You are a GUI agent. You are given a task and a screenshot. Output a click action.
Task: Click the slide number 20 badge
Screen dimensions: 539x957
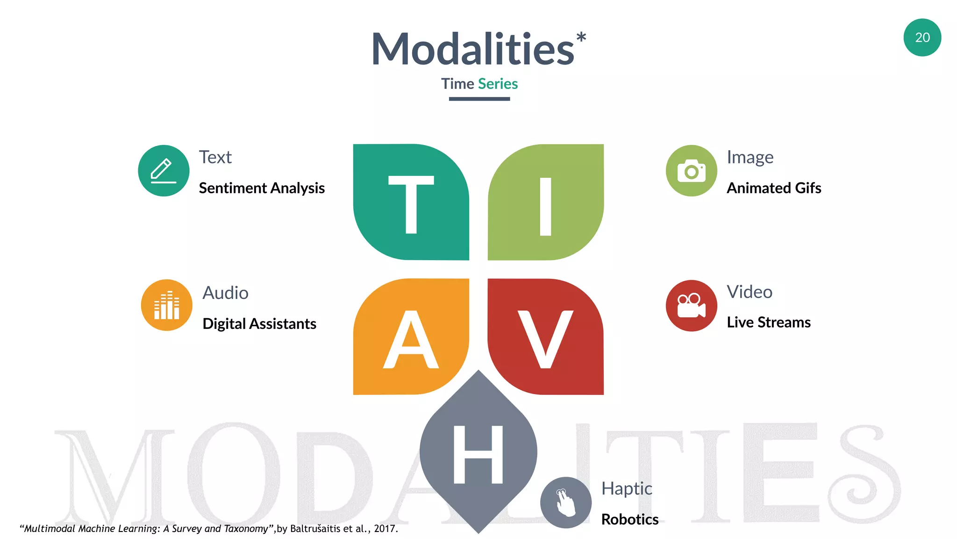pos(922,37)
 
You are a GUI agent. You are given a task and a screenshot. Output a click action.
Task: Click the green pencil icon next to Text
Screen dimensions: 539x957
pos(164,171)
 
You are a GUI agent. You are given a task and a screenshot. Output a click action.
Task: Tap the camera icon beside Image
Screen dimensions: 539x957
pos(691,171)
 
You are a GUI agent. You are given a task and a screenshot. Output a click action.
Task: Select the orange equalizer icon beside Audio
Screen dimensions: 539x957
pos(166,305)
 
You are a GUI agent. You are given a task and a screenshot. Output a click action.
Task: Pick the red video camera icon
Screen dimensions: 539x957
pos(691,306)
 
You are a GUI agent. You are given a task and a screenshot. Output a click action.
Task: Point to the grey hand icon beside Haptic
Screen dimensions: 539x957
pos(565,503)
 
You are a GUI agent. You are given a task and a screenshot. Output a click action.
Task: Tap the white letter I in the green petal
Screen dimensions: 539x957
pos(545,206)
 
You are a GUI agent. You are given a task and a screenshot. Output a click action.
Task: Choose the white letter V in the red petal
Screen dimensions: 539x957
pos(545,339)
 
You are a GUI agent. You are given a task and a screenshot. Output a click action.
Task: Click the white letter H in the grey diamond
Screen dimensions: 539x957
pos(478,454)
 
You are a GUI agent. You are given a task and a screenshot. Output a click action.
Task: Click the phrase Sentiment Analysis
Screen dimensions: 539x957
pos(262,188)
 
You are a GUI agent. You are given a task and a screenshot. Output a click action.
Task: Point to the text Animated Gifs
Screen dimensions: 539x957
pos(774,188)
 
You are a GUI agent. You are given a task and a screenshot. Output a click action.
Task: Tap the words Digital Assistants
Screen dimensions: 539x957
pos(259,324)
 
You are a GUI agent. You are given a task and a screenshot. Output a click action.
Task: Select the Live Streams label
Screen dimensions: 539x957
pos(769,322)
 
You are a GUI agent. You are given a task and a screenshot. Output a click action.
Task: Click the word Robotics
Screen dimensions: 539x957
pos(630,519)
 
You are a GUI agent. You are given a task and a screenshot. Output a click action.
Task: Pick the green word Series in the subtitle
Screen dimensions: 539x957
pos(498,84)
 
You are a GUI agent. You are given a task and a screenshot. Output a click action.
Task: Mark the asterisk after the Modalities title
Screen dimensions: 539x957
pos(581,37)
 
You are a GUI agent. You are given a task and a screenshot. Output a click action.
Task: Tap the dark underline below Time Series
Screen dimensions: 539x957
pos(479,99)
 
